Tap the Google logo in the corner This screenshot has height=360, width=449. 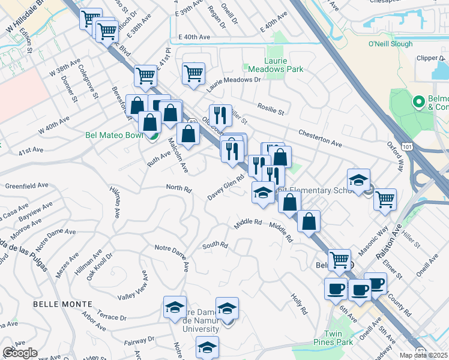click(x=20, y=353)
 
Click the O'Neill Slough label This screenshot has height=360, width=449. click(x=390, y=44)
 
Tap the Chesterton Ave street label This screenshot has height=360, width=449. click(x=321, y=137)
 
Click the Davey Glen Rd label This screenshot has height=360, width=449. click(x=227, y=188)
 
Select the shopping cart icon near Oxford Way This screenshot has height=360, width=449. click(x=385, y=199)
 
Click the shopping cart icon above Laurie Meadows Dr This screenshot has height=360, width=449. click(x=194, y=74)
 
